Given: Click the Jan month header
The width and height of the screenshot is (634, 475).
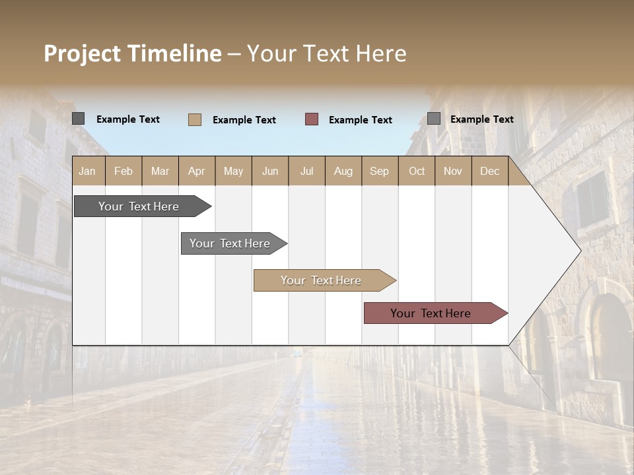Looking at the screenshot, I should pyautogui.click(x=88, y=171).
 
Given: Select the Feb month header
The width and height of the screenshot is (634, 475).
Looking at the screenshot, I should pyautogui.click(x=123, y=171).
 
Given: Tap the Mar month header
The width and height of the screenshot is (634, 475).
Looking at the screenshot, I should pyautogui.click(x=160, y=171).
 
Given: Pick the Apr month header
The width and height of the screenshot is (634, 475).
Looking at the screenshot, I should pyautogui.click(x=197, y=171).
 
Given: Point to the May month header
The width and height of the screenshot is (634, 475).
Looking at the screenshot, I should pyautogui.click(x=233, y=171).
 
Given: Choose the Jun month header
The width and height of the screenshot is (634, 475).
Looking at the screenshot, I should pyautogui.click(x=270, y=171).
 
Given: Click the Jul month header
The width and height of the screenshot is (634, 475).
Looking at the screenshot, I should pyautogui.click(x=306, y=171).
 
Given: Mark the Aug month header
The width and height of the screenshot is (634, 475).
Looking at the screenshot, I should pyautogui.click(x=343, y=171).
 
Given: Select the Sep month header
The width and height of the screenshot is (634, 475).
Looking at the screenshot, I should pyautogui.click(x=380, y=171).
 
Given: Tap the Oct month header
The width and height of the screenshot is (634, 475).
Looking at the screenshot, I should pyautogui.click(x=417, y=171).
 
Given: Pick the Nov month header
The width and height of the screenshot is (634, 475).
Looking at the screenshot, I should pyautogui.click(x=453, y=171).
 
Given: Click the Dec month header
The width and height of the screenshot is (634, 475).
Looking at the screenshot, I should pyautogui.click(x=490, y=171).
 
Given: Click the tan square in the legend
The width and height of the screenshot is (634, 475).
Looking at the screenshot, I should pyautogui.click(x=195, y=119).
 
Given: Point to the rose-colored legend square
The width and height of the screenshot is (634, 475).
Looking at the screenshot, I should pyautogui.click(x=312, y=119).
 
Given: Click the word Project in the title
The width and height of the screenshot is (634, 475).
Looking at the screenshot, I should pyautogui.click(x=83, y=53).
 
